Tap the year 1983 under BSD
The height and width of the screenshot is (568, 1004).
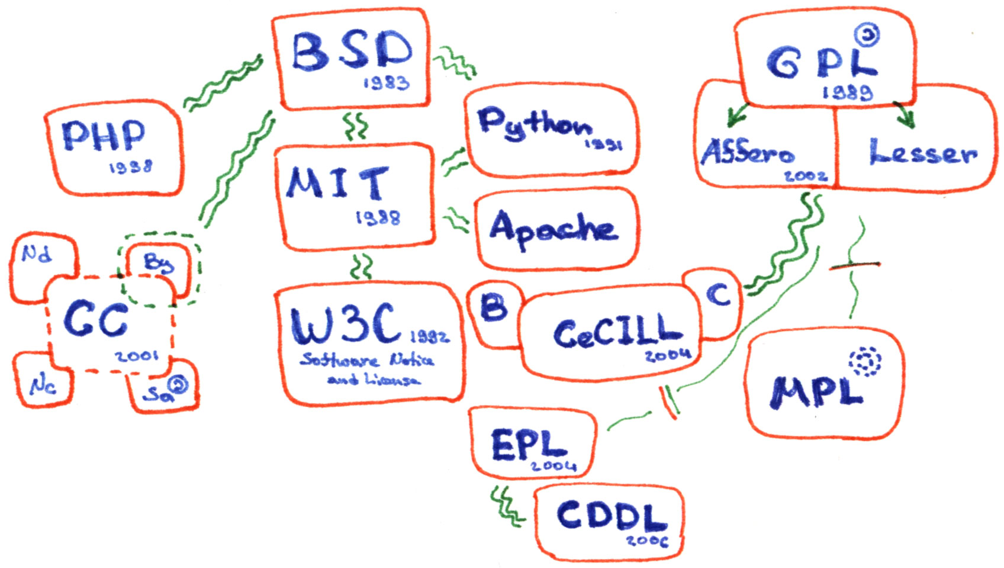[386, 82]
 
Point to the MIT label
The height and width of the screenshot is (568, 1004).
[338, 183]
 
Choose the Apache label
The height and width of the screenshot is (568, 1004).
[554, 229]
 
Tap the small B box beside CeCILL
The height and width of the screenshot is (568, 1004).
[493, 307]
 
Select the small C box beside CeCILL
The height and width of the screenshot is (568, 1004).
[719, 294]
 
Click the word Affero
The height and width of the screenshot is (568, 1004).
[747, 152]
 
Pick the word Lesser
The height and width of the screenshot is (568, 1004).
[923, 152]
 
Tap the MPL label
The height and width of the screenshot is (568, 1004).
[816, 391]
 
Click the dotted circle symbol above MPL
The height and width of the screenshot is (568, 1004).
[865, 361]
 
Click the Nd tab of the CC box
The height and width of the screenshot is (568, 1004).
[37, 255]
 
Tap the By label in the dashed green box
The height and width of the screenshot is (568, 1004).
[158, 262]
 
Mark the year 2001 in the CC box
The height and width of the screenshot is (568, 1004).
[137, 356]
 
